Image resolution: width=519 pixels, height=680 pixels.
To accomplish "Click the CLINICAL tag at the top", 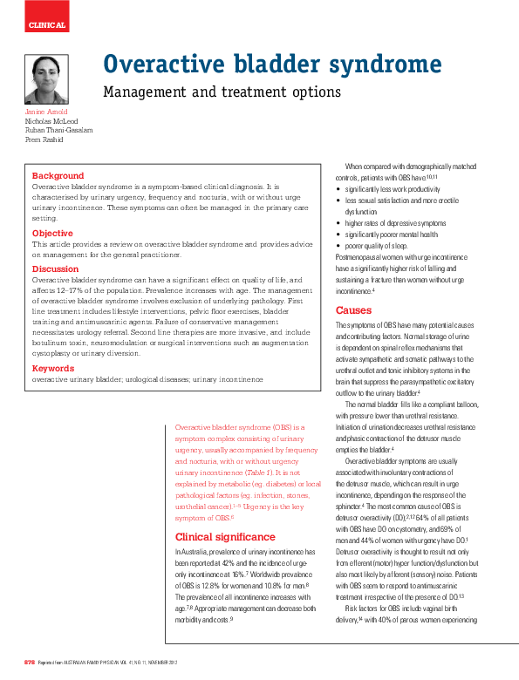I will pyautogui.click(x=47, y=25).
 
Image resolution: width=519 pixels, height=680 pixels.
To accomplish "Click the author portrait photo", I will pyautogui.click(x=46, y=80).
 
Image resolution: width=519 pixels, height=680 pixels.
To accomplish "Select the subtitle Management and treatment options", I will pyautogui.click(x=222, y=91).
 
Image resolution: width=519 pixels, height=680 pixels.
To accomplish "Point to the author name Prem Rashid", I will pyautogui.click(x=44, y=139).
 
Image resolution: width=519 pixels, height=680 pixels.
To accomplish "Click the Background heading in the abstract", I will pyautogui.click(x=58, y=176).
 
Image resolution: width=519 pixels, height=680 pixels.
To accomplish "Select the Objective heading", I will pyautogui.click(x=52, y=234).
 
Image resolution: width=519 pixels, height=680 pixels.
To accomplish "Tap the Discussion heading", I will pyautogui.click(x=55, y=269).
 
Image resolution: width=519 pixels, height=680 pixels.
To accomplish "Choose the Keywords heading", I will pyautogui.click(x=53, y=369).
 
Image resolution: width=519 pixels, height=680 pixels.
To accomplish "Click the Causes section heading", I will pyautogui.click(x=353, y=310).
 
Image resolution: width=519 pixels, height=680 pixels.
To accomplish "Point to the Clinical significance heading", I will pyautogui.click(x=225, y=537).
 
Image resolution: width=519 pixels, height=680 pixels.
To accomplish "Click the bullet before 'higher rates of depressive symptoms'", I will pyautogui.click(x=338, y=223).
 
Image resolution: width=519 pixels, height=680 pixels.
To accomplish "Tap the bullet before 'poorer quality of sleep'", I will pyautogui.click(x=338, y=246).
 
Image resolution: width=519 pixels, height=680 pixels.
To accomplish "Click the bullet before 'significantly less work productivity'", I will pyautogui.click(x=338, y=189).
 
